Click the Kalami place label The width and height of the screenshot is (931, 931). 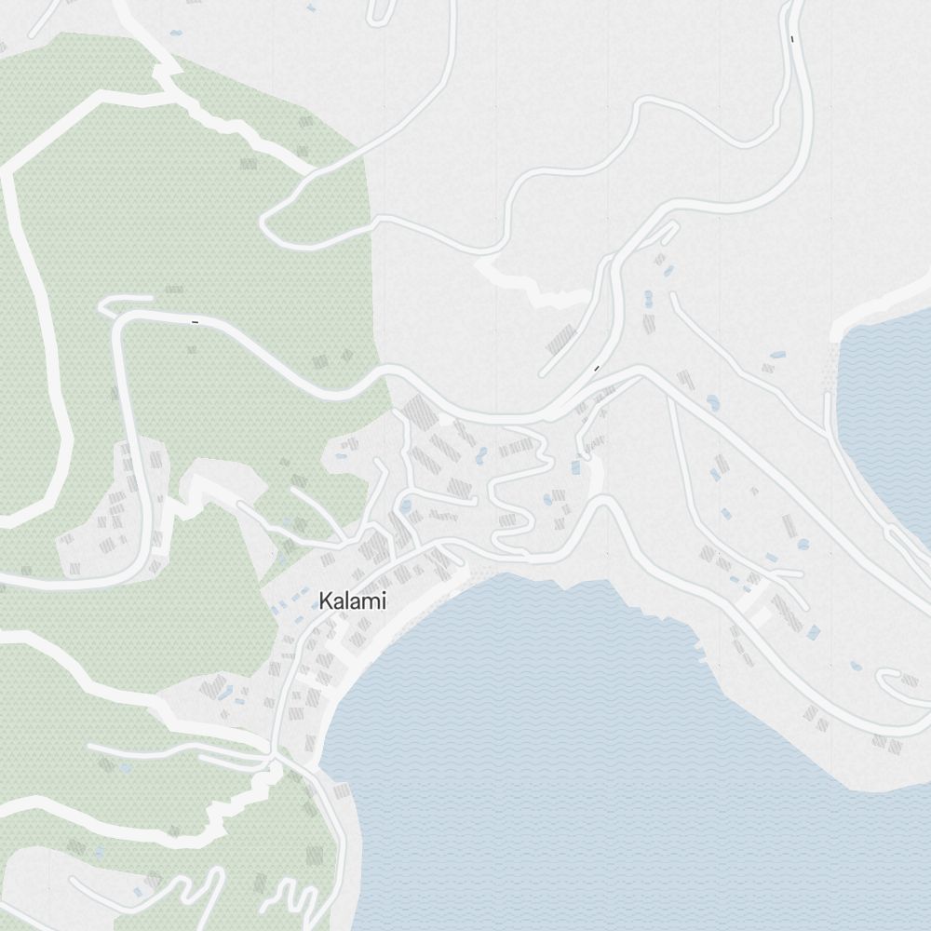[x=352, y=601]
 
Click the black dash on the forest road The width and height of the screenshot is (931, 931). [x=195, y=322]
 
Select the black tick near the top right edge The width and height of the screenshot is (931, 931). [x=791, y=39]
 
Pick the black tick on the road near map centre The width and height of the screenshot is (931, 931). [x=597, y=369]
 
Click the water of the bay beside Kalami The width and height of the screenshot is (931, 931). [x=559, y=726]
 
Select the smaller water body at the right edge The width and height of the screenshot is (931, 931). [x=889, y=410]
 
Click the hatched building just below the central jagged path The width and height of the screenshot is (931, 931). [x=561, y=340]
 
